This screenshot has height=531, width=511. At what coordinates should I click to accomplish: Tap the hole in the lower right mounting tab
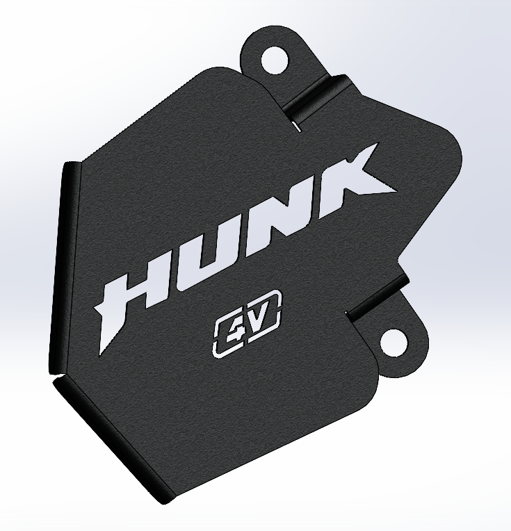tap(394, 341)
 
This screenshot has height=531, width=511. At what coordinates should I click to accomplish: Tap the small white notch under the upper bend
tap(296, 126)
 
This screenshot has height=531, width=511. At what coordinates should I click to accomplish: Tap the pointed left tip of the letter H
tap(97, 306)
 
